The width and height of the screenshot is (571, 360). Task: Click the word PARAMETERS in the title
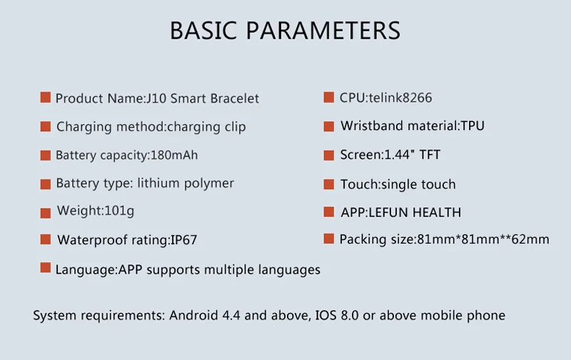323,30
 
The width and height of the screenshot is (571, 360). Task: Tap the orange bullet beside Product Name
46,98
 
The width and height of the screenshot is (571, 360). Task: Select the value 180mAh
174,155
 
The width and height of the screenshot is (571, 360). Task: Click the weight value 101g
119,211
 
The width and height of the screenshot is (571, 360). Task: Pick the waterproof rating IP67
184,240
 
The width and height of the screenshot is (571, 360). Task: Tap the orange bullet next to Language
46,268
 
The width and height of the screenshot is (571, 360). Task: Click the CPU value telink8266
400,98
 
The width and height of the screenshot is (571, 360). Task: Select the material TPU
473,126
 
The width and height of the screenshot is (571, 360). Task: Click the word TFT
430,155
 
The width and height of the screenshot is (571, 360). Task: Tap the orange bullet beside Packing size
329,239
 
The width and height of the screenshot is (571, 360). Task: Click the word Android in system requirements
193,315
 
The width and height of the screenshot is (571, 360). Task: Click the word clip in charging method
236,127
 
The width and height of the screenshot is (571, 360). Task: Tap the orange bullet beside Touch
329,184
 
